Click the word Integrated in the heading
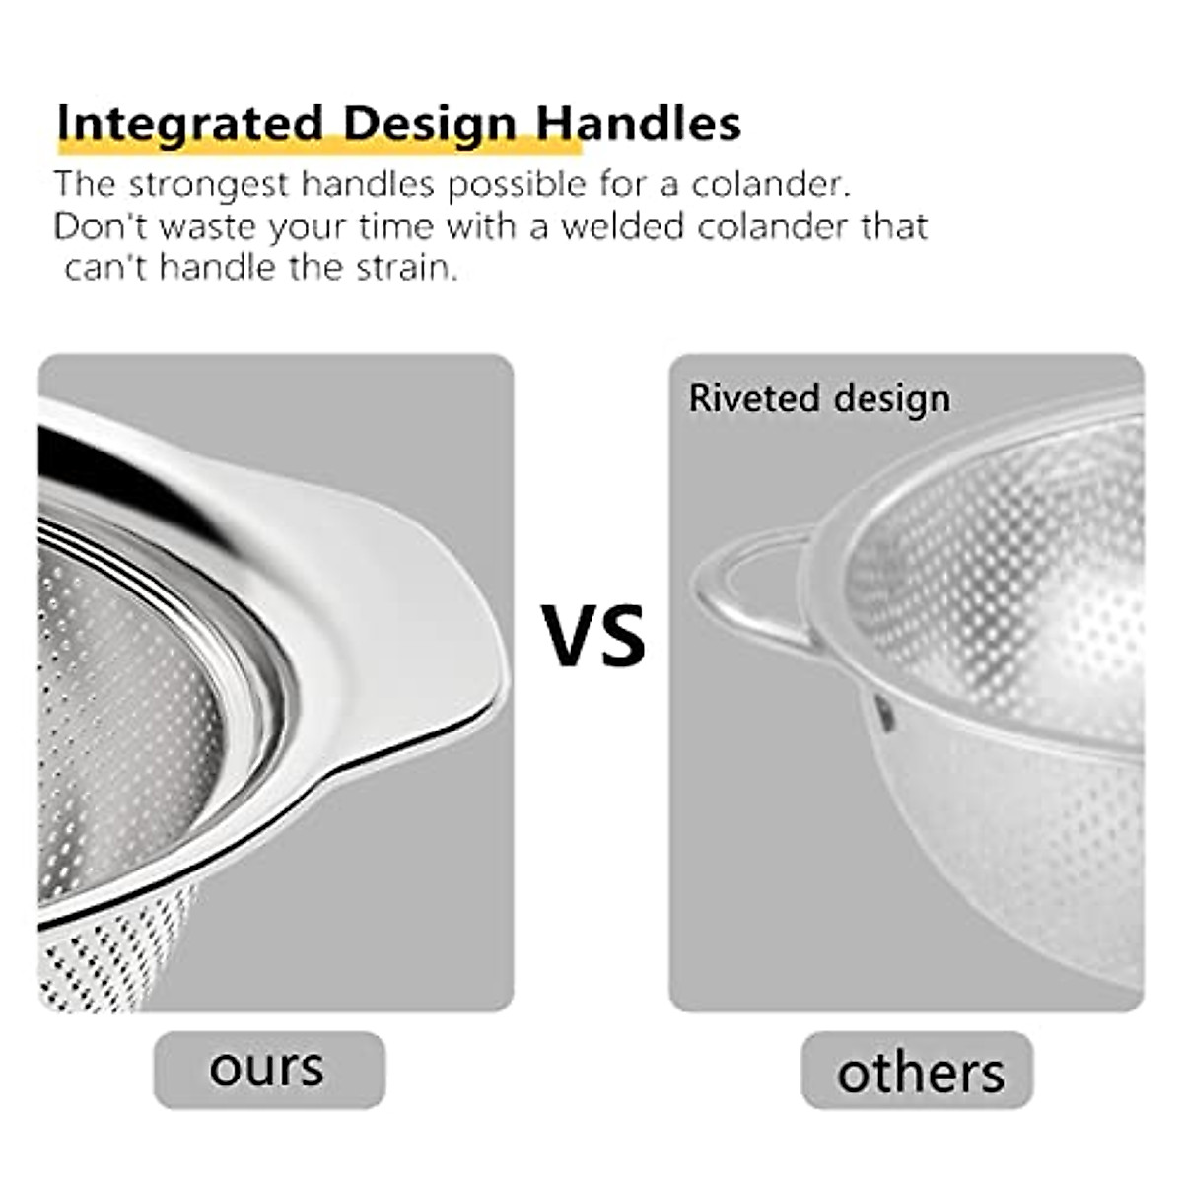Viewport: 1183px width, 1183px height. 189,124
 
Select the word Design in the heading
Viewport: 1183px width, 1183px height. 429,124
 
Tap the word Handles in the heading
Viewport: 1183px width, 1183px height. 638,124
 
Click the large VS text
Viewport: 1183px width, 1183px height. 594,636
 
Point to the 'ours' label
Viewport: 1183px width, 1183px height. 267,1069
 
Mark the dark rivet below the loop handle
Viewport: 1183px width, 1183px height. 884,712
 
